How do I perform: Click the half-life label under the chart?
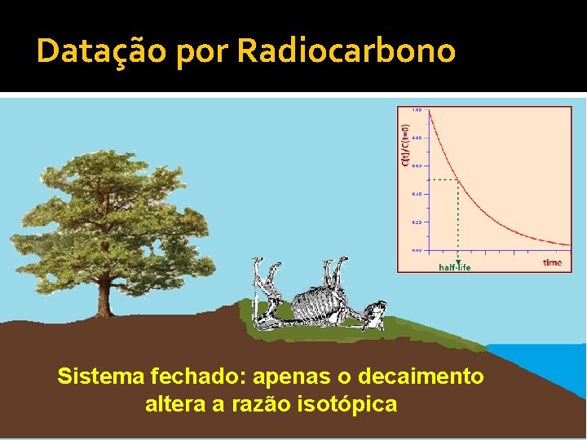pos(455,266)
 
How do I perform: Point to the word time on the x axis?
pos(552,262)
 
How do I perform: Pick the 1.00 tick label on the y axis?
pos(417,110)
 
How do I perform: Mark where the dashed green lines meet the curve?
pos(457,179)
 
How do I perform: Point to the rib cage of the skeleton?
pos(313,306)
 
